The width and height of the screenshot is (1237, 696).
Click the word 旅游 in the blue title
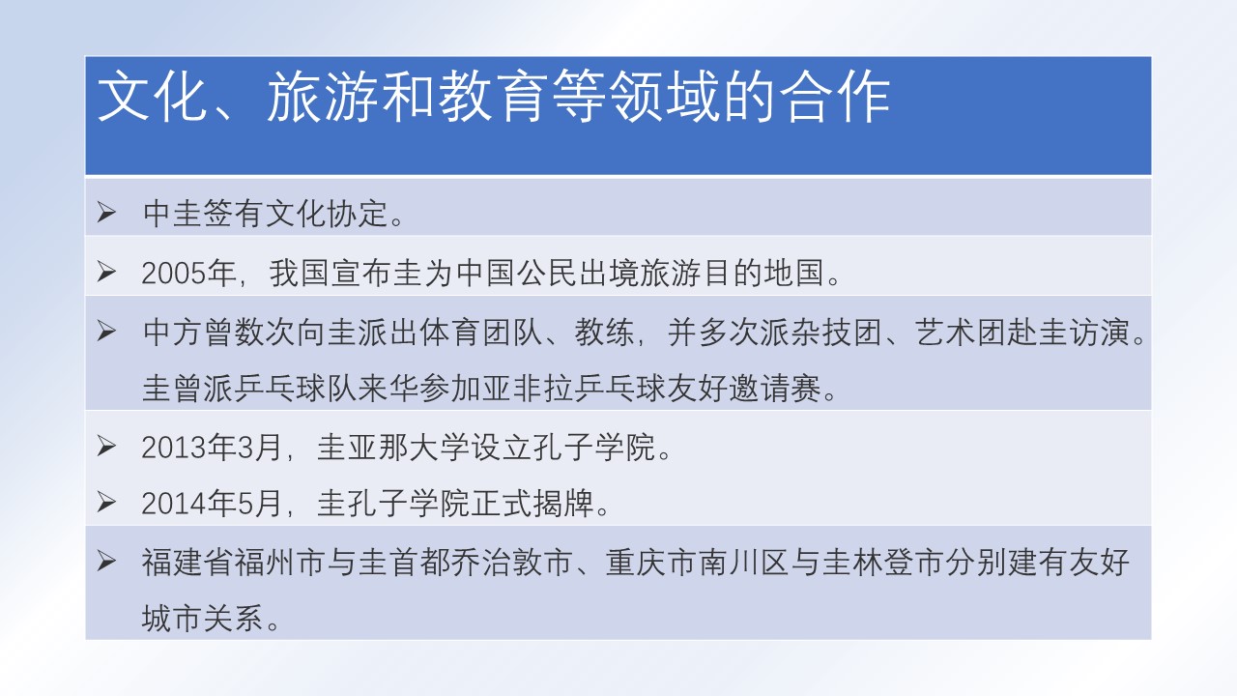click(322, 97)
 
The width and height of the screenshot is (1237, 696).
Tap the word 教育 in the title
click(493, 97)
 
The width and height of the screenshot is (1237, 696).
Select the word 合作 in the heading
click(834, 97)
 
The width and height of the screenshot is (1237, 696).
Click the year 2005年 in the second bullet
click(188, 273)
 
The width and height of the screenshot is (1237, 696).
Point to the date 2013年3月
click(212, 447)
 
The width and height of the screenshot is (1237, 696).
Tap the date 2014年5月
click(212, 504)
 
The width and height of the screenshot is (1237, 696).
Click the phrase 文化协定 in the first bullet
click(327, 214)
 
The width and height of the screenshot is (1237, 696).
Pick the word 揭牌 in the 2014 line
click(563, 504)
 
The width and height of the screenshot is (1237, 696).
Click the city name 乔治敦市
click(511, 562)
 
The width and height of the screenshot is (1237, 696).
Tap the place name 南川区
click(744, 562)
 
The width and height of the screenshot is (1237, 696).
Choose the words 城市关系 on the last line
click(202, 618)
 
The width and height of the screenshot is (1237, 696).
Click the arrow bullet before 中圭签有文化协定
click(106, 213)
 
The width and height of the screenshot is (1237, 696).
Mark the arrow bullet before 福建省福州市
click(106, 562)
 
